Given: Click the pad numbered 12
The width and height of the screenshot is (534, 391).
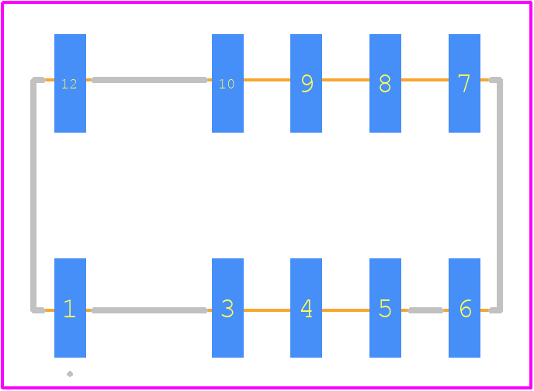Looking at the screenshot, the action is pos(70,83).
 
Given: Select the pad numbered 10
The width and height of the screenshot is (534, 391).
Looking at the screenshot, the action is pos(227,83).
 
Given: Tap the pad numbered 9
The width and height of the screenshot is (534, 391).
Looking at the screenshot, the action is pos(306,83).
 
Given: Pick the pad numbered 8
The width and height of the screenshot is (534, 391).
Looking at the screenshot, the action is pos(385,83).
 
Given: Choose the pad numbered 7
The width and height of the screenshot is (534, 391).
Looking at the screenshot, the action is pos(464,83).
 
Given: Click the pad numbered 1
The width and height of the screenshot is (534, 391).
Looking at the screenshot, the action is pos(70,308).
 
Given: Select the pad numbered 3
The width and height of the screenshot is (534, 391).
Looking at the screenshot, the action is pos(227,308).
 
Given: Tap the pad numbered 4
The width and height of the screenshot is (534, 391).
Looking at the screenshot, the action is pos(306,308).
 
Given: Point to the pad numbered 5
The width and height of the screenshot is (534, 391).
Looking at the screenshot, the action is pos(385,308).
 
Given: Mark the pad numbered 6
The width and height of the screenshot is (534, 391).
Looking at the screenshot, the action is pos(464,308).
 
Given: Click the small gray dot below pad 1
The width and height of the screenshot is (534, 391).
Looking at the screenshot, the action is pos(70,374).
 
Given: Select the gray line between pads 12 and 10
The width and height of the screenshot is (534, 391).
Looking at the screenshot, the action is pos(150,80).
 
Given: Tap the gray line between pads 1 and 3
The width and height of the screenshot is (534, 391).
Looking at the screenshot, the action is pos(150,310).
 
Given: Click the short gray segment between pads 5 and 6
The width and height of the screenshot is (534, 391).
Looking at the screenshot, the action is pos(425,310).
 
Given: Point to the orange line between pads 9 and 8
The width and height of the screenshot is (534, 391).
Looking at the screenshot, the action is pos(345,80).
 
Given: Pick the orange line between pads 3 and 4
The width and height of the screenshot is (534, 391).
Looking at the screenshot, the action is pos(267,310).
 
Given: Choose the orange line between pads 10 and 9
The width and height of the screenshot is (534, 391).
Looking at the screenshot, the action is pos(267,80).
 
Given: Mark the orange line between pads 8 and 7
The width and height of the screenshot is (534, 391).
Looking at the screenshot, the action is pos(425,80).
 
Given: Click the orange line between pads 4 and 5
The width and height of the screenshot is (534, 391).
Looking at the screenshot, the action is pos(345,310).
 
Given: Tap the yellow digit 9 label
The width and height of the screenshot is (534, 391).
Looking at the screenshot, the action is pos(307,83).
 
